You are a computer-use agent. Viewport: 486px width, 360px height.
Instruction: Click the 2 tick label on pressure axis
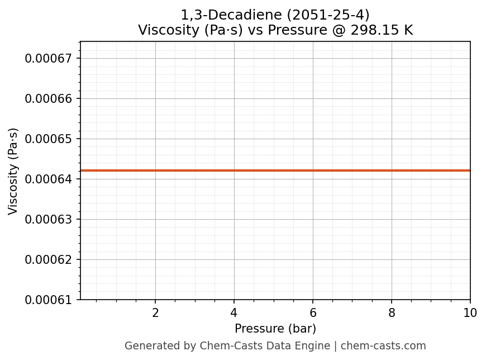tap(155, 313)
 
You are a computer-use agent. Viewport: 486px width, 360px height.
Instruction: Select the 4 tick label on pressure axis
tap(234, 313)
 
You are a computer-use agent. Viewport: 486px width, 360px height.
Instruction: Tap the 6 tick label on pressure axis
tap(313, 313)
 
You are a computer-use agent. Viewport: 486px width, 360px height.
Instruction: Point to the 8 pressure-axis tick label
tap(392, 313)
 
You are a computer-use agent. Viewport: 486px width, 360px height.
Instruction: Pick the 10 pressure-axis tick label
tap(470, 313)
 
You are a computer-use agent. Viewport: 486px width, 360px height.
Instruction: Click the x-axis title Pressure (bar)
tap(275, 329)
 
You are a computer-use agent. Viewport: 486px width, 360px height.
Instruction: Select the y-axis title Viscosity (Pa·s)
tap(13, 171)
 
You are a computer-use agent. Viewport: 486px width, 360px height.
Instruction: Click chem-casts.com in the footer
tap(383, 346)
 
